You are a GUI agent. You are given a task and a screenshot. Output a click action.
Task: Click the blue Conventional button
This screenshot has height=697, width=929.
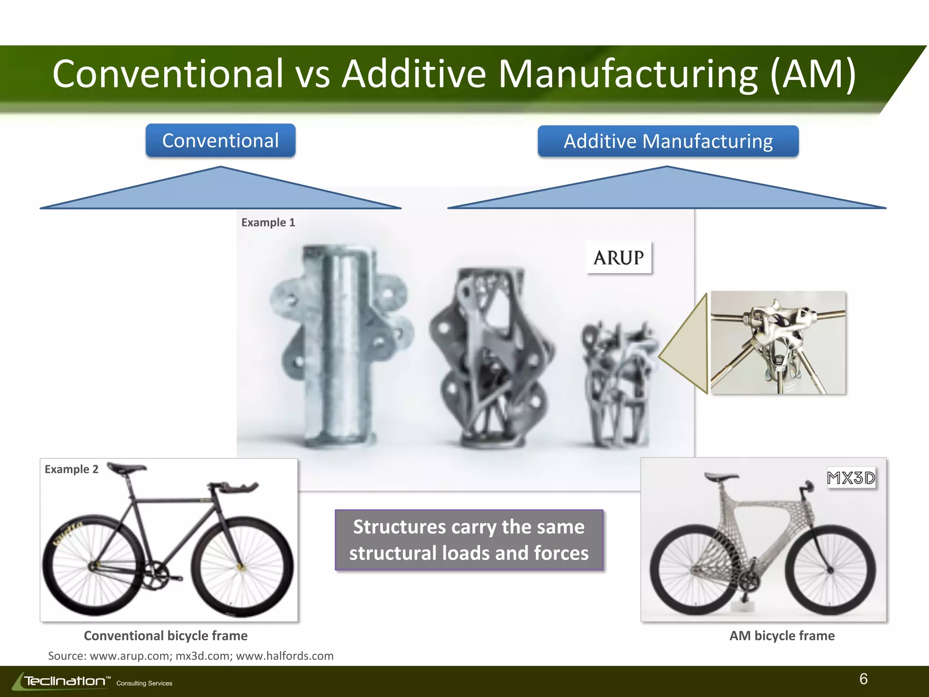coord(220,141)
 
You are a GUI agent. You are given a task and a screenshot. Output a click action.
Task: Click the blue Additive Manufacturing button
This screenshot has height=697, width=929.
coord(668,141)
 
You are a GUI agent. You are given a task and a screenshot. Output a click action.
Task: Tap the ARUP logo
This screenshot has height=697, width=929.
coord(619,258)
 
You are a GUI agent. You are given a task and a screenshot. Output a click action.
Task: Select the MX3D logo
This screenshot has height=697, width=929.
coord(851,478)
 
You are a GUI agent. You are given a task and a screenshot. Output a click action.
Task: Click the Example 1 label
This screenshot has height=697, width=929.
coord(268,222)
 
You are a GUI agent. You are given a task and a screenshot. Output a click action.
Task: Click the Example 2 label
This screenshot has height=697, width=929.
coord(71,469)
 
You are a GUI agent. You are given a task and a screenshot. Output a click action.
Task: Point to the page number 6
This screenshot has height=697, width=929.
coord(863,679)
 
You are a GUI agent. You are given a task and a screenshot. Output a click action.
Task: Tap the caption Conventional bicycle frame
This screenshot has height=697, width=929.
coord(166,636)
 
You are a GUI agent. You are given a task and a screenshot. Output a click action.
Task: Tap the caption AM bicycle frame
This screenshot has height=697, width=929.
coord(782,636)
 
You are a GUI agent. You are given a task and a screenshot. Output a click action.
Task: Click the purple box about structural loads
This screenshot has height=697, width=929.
coord(469,540)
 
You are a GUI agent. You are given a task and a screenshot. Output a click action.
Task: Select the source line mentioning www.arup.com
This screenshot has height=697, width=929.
coord(191,656)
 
